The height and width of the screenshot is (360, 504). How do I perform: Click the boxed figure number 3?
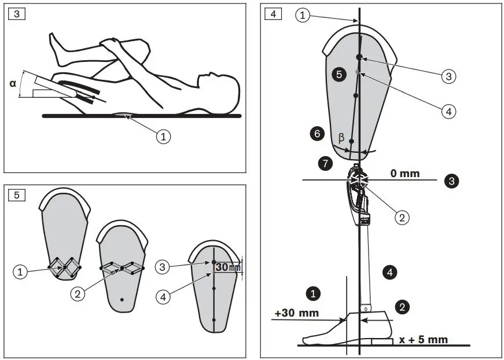coord(16,14)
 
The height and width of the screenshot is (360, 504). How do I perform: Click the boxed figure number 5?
coord(16,195)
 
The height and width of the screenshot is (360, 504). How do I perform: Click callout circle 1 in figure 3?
coord(164,137)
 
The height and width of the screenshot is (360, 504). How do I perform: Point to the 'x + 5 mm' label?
coord(423,339)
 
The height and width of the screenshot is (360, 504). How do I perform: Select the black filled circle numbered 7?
coord(325,164)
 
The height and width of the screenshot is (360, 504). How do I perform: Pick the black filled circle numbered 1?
coord(313,293)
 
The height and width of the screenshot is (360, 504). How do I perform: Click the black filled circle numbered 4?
coord(390,271)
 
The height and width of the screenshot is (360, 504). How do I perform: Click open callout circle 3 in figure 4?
coord(449,76)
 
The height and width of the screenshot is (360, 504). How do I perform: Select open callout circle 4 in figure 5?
coord(164,296)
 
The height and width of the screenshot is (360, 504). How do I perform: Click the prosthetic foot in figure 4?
coord(333,330)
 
